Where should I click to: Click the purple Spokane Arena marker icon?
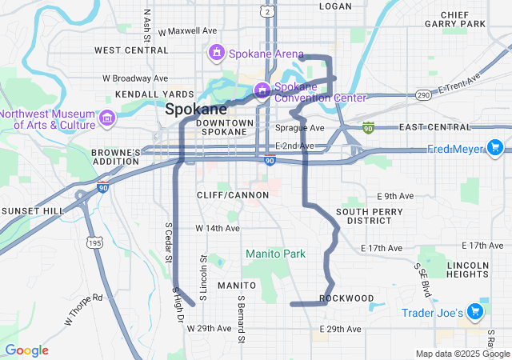(x=215, y=54)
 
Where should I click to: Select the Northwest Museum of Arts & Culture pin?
(x=107, y=119)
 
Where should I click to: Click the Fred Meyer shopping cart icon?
(x=494, y=148)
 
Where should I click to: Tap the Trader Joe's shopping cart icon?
(x=476, y=311)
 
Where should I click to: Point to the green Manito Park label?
(x=275, y=254)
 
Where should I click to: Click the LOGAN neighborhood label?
(x=335, y=6)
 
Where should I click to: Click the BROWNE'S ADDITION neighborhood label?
(x=116, y=156)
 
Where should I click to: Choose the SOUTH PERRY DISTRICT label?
(x=363, y=215)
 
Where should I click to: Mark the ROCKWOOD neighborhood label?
(x=346, y=298)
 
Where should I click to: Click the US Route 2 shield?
(x=266, y=9)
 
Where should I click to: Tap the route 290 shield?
(x=424, y=94)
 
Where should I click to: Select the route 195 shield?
(x=94, y=242)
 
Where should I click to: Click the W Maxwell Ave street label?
(x=188, y=31)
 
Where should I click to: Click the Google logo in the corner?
(x=27, y=350)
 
